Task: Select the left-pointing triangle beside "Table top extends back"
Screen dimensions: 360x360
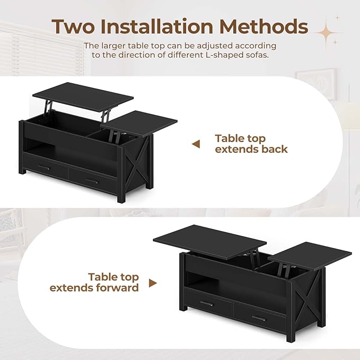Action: coord(196,144)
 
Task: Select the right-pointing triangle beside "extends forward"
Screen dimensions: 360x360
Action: coord(153,283)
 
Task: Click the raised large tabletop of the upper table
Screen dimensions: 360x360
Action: coord(84,93)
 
